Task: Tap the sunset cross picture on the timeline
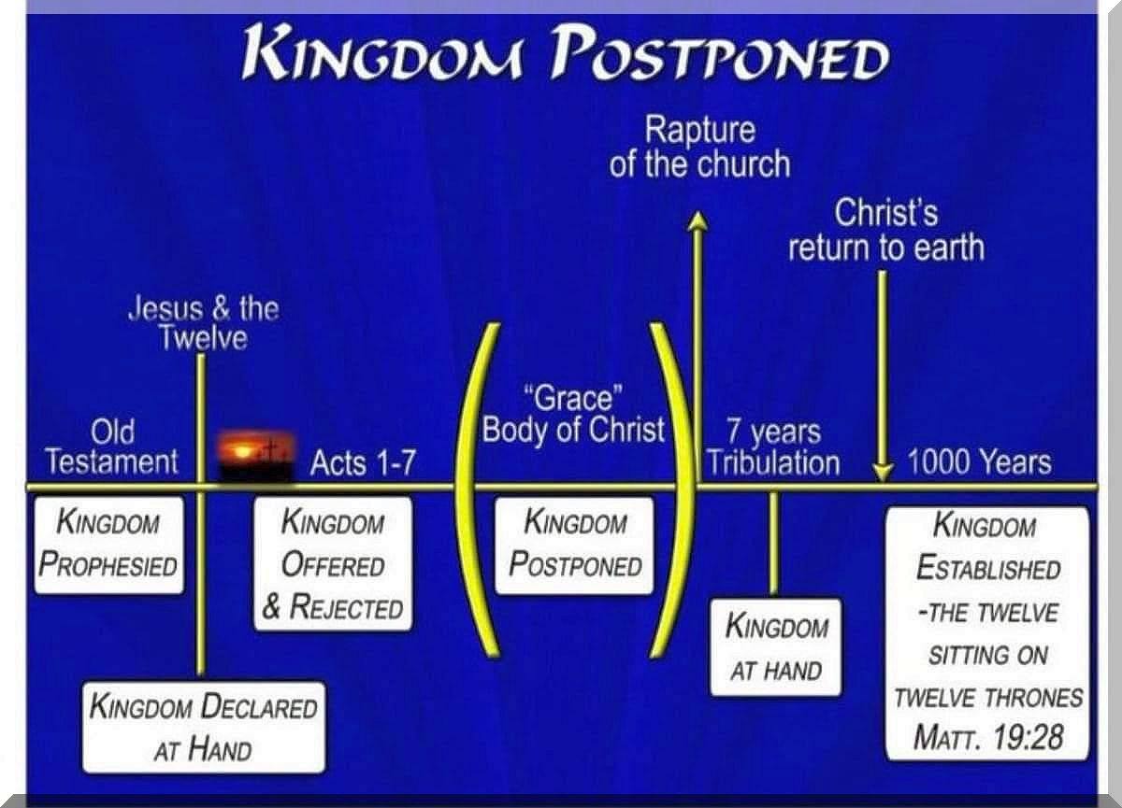255,456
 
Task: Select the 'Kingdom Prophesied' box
108,545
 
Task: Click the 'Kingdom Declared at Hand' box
204,728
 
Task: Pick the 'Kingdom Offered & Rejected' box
333,564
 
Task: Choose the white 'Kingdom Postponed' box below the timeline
574,546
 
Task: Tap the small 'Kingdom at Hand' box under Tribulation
776,647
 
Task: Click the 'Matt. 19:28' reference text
987,737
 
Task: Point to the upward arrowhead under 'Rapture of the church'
698,220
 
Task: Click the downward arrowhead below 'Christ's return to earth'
883,473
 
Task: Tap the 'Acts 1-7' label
363,462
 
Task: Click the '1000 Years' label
979,461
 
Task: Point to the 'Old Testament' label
112,447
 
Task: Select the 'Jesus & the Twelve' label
204,323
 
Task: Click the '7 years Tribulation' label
773,447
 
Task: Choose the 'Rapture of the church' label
699,147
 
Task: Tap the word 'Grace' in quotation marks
573,399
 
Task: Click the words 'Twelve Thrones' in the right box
989,698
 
